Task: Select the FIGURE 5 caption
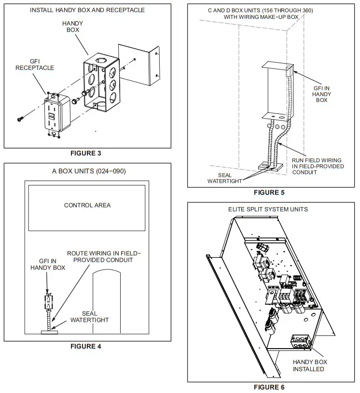pos(269,192)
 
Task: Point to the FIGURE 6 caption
pos(269,387)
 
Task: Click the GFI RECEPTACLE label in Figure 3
pos(35,64)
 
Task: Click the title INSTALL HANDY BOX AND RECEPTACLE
pos(87,10)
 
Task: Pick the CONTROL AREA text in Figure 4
pos(87,205)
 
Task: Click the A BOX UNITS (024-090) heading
pos(87,171)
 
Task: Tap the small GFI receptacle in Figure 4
pos(48,302)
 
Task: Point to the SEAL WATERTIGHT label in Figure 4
pos(90,317)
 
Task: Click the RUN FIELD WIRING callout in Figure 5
pos(318,166)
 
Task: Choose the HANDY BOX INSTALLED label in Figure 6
pos(310,365)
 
